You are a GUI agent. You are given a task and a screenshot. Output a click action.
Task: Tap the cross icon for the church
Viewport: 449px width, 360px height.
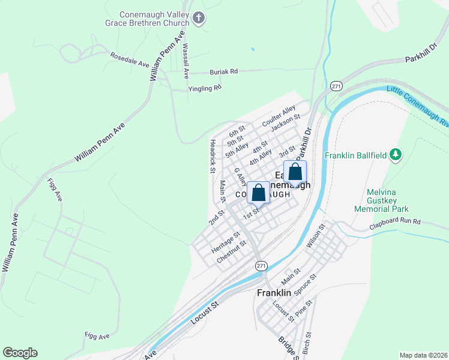pos(200,20)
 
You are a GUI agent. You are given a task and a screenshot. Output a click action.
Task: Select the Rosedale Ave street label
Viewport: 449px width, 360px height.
pos(129,59)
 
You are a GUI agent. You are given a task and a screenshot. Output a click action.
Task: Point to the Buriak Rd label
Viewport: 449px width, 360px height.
pos(223,71)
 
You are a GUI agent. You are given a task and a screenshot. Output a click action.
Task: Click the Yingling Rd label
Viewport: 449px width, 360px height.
pos(205,88)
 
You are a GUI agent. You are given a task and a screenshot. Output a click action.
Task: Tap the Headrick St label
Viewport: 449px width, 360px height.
pos(212,156)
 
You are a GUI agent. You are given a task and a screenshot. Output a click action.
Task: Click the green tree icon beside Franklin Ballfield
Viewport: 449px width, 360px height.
pos(395,155)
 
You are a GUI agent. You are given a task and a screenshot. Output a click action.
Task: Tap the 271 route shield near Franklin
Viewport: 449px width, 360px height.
pos(261,265)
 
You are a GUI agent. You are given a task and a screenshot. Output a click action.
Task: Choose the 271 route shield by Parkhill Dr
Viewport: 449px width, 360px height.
pos(336,86)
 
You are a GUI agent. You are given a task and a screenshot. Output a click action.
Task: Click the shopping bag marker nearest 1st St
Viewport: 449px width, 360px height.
pos(259,193)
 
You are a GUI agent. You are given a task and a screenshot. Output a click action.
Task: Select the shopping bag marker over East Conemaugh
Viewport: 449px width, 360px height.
pos(295,172)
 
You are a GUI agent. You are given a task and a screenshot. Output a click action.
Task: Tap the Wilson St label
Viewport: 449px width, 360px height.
pos(317,235)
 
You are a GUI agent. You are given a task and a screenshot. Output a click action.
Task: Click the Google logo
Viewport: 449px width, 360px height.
pos(20,353)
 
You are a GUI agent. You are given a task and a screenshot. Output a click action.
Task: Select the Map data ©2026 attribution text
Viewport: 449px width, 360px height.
pos(423,355)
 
